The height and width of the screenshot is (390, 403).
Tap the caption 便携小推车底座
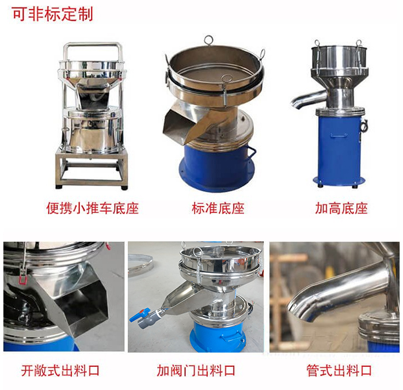[x=93, y=208]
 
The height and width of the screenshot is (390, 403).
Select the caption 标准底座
[x=218, y=208]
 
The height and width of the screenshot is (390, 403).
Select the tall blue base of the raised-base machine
[x=339, y=147]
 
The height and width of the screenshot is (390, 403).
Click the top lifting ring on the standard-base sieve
[x=208, y=41]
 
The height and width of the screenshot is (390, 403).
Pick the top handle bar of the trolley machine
[x=92, y=45]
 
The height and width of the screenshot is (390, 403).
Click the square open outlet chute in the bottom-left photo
[x=81, y=302]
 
